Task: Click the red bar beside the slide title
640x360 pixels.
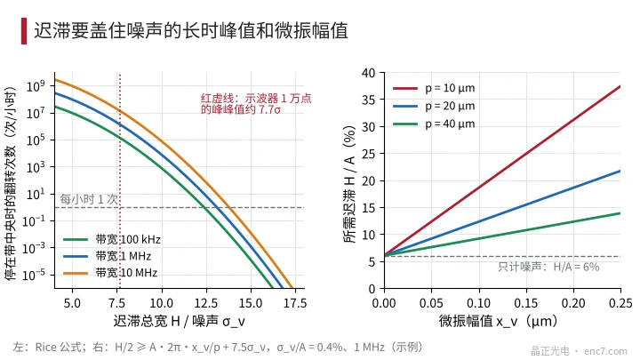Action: [x=24, y=30]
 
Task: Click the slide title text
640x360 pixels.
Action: [x=191, y=30]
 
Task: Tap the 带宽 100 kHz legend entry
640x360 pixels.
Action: [x=112, y=239]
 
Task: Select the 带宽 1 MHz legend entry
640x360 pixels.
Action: [x=108, y=256]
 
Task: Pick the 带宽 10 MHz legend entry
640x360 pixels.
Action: [x=110, y=273]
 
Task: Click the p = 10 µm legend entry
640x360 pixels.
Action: [x=434, y=88]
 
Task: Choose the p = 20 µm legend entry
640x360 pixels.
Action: [x=434, y=106]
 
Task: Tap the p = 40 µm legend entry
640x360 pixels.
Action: [x=434, y=124]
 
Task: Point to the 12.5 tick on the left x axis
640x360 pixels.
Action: [x=206, y=303]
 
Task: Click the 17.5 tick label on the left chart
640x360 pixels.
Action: [x=295, y=303]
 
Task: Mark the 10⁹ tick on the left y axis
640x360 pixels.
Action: [x=36, y=86]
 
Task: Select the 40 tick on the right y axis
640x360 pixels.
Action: [x=368, y=74]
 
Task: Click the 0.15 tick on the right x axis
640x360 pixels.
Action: [x=526, y=303]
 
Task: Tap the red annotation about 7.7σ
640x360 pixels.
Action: [x=256, y=104]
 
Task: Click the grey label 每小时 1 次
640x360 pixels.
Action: [x=89, y=199]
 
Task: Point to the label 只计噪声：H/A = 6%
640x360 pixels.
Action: [x=548, y=267]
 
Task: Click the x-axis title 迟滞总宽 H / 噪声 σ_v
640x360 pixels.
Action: [x=180, y=321]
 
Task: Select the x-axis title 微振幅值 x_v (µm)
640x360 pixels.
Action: [x=498, y=321]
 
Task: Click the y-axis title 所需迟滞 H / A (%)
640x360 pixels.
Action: [x=350, y=184]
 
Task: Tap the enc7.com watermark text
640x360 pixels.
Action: [x=605, y=351]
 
